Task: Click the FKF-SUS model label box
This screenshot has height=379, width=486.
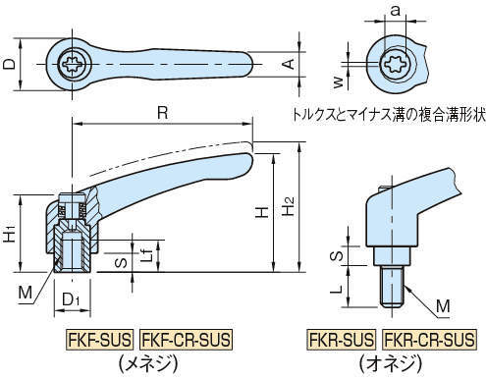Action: point(99,340)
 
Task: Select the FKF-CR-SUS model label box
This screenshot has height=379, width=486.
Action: point(186,340)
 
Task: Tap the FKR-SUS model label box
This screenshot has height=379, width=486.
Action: point(341,340)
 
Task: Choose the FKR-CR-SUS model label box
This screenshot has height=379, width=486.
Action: point(429,340)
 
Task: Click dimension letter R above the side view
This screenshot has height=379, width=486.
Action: point(163,113)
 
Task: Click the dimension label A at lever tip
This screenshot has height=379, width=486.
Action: point(289,64)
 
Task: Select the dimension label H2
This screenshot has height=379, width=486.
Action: point(289,206)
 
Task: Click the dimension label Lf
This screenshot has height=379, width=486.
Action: point(148,253)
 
